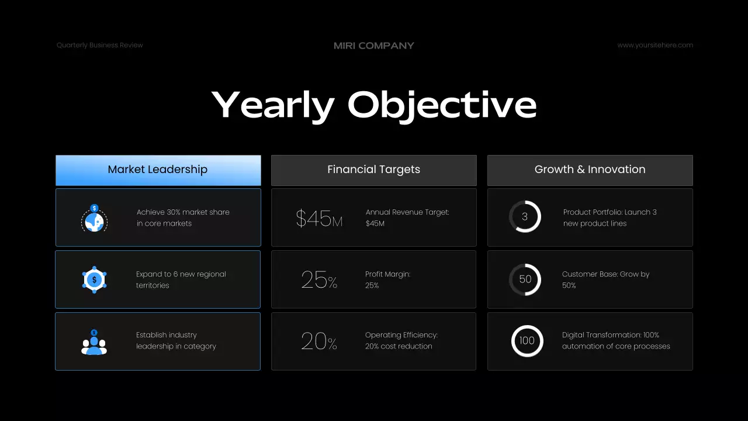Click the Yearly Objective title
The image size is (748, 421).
click(x=374, y=105)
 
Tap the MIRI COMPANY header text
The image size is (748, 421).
click(x=374, y=46)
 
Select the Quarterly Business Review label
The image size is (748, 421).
click(x=100, y=45)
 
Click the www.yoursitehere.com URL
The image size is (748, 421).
click(x=655, y=45)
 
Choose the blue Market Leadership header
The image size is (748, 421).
click(x=158, y=170)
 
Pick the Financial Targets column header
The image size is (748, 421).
click(x=374, y=170)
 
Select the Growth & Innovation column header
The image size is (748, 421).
click(x=590, y=170)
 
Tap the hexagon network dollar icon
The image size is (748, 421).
click(x=94, y=279)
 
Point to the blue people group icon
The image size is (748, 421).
click(x=94, y=342)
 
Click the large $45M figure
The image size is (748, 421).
click(x=319, y=219)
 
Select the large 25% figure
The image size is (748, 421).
click(x=319, y=280)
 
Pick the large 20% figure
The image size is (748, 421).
click(x=319, y=341)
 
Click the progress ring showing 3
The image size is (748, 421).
click(x=525, y=217)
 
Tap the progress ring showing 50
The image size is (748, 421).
click(x=525, y=279)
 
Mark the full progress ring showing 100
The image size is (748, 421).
click(x=527, y=341)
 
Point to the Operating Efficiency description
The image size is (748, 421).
click(x=401, y=340)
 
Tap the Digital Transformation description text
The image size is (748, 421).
click(x=616, y=340)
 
